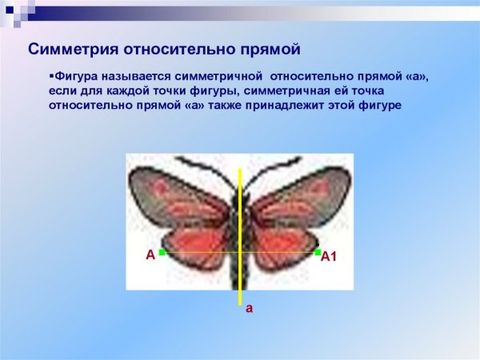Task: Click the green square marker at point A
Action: pos(162,253)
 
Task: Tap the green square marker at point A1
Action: pos(318,252)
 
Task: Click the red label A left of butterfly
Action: pos(150,255)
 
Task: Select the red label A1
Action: pos(330,257)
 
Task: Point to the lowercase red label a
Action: pos(249,307)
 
